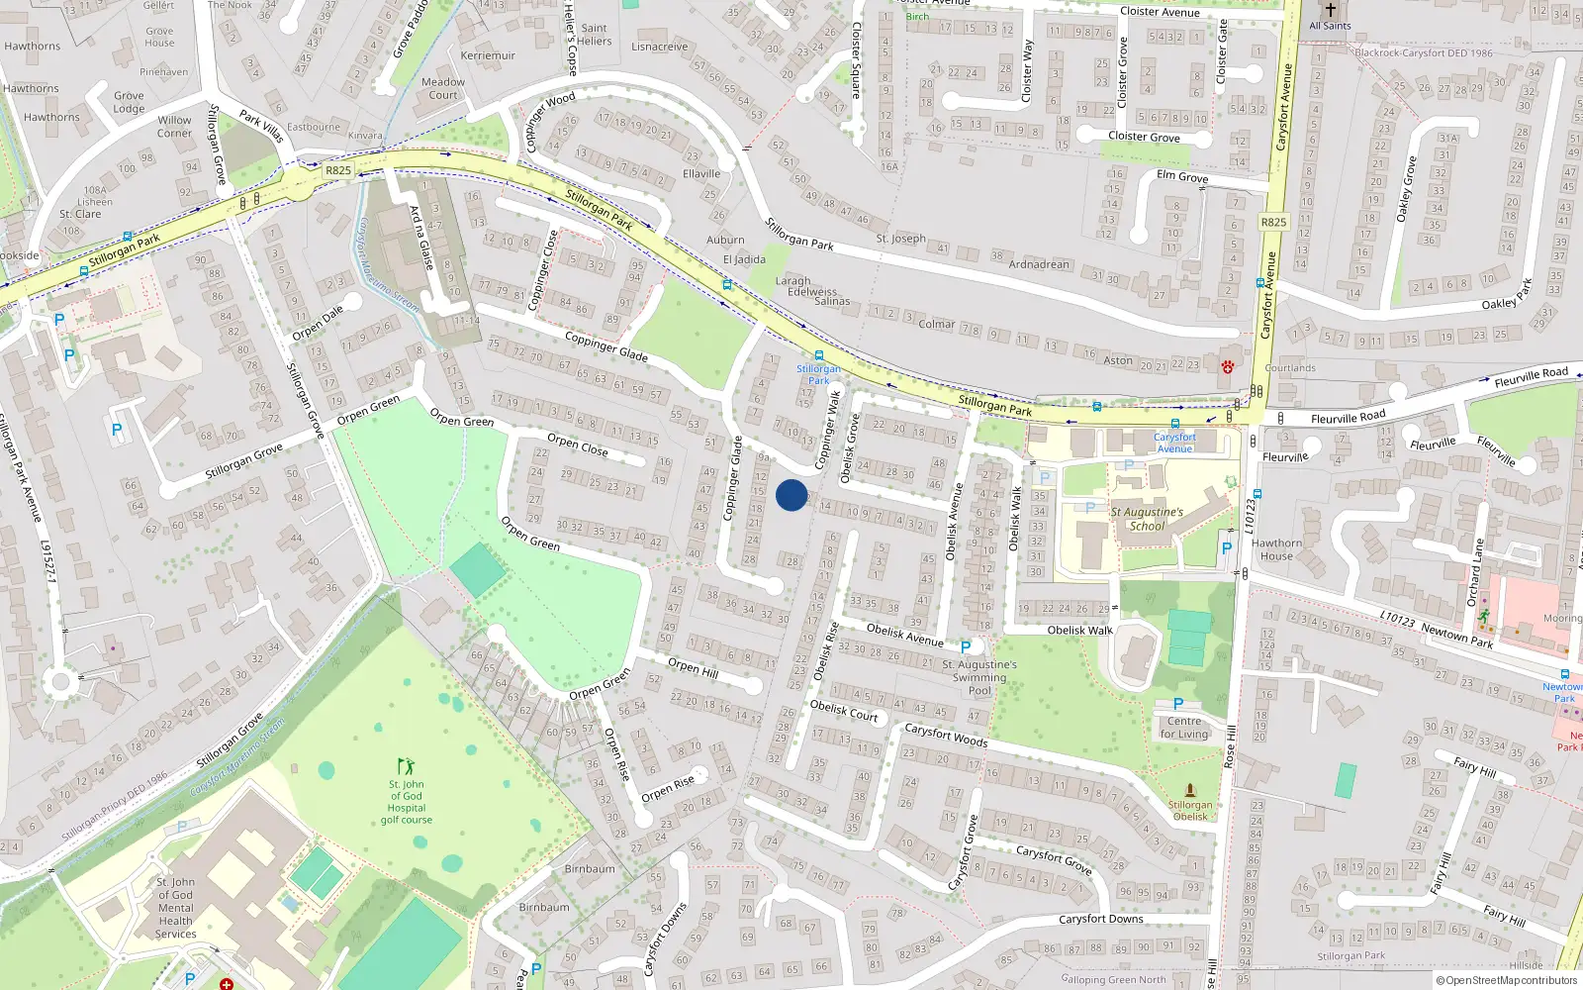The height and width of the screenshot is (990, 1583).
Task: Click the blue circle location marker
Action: (791, 495)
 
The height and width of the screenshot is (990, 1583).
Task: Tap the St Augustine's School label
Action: (1147, 519)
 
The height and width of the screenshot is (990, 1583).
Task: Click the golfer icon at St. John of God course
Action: (406, 766)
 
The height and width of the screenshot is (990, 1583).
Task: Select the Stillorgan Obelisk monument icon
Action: (1190, 790)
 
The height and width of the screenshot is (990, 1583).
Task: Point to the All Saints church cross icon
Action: (1331, 10)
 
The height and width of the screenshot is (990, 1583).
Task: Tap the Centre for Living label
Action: (1184, 728)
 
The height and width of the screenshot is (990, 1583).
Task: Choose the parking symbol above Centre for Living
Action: (1178, 704)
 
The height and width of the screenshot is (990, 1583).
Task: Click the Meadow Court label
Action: (443, 88)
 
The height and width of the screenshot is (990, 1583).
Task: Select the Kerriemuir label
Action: (488, 55)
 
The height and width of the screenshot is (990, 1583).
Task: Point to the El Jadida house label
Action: (744, 259)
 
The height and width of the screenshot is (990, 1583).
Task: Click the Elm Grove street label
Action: (1182, 176)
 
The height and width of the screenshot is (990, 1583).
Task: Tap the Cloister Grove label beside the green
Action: (1144, 137)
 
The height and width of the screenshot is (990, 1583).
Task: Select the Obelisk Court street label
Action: (844, 710)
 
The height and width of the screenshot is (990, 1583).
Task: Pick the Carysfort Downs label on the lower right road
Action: (1100, 919)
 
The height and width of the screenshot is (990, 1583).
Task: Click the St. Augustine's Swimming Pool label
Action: (978, 677)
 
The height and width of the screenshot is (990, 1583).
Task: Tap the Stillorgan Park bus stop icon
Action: (819, 355)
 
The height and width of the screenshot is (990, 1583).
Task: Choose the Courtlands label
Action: (1290, 367)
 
